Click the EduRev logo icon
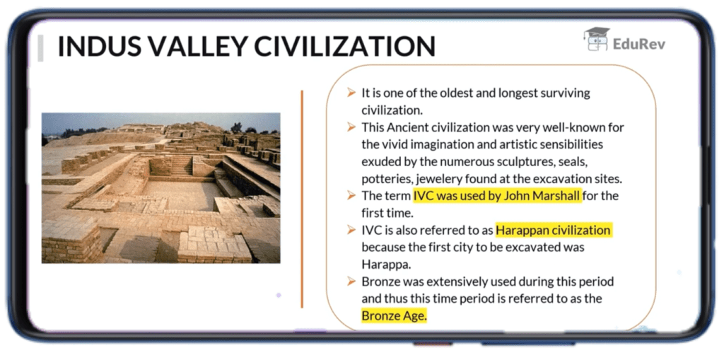[596, 39]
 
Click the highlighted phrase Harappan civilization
[554, 231]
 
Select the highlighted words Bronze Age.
[395, 315]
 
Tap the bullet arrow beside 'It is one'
[351, 93]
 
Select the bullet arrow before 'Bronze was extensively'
[351, 281]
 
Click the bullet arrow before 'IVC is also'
[351, 231]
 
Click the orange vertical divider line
[302, 198]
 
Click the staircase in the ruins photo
[182, 166]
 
